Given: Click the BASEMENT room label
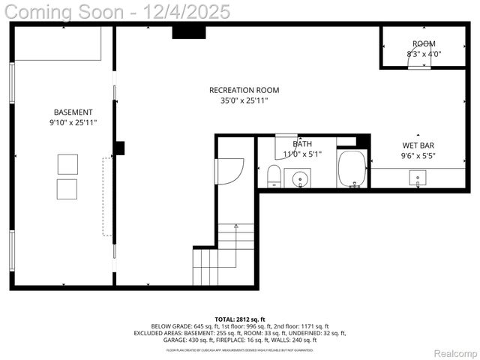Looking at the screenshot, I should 73,112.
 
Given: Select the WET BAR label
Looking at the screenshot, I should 418,145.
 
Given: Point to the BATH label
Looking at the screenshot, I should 303,144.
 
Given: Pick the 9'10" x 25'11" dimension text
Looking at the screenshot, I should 73,122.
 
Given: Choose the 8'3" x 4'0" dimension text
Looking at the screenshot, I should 424,54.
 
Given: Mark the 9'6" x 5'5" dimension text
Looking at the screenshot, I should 418,156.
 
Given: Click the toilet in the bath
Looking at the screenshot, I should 274,177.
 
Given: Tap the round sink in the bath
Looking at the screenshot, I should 301,179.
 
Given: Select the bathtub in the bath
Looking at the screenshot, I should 351,169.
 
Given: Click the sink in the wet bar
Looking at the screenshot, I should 418,178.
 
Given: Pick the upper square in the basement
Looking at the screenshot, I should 67,163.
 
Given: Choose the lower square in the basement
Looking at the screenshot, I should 67,188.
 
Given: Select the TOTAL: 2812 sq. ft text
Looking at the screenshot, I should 240,319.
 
